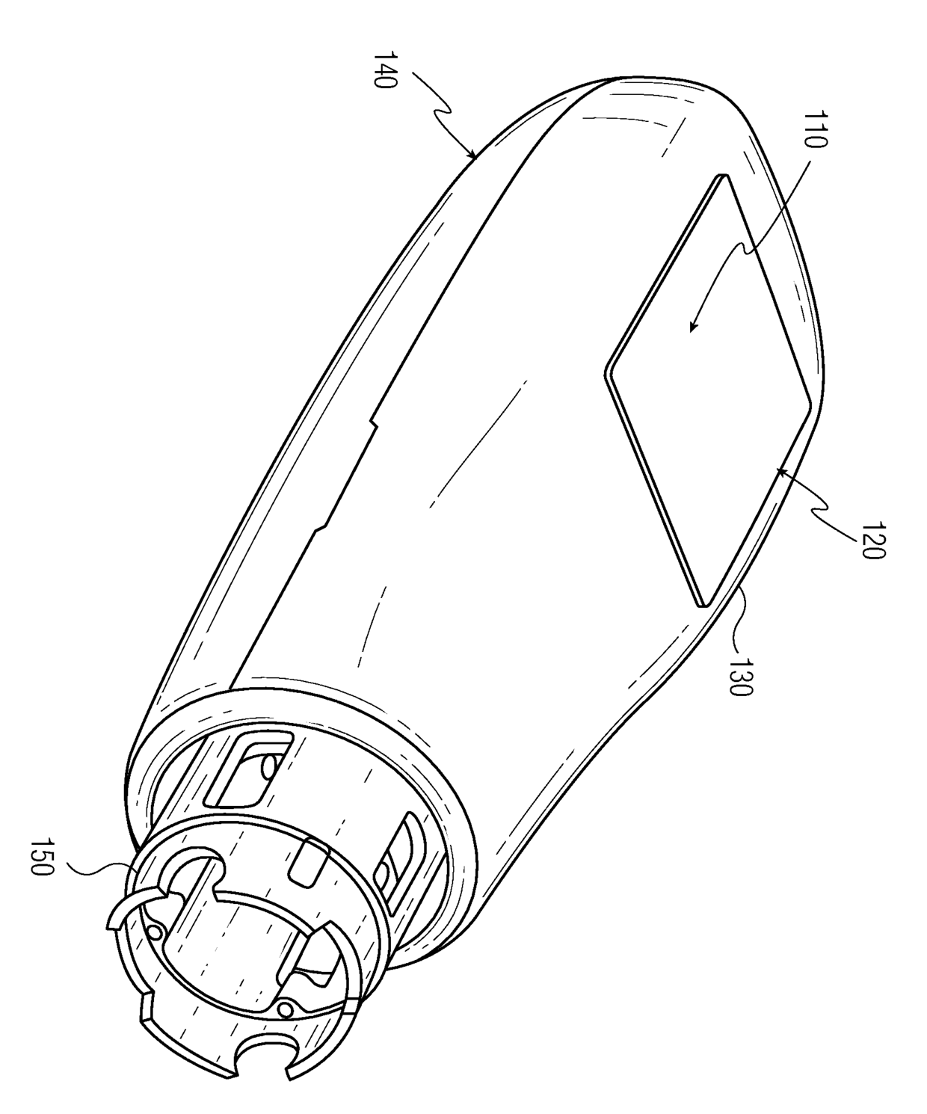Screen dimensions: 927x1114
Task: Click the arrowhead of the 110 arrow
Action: click(x=691, y=329)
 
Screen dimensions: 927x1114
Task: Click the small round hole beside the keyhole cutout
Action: click(x=157, y=932)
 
